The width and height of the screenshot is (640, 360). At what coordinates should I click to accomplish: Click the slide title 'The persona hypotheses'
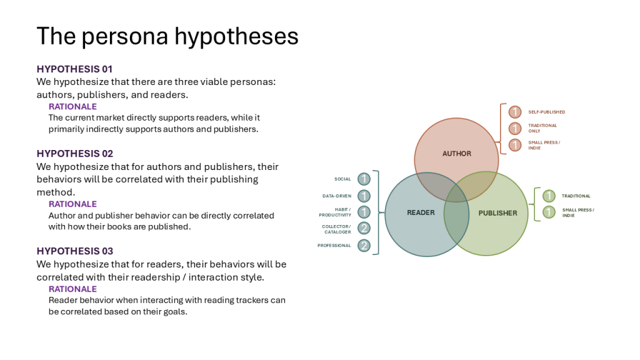click(167, 36)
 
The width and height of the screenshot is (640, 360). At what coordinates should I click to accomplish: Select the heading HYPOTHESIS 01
click(74, 69)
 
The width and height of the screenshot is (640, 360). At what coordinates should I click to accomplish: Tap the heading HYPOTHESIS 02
click(74, 153)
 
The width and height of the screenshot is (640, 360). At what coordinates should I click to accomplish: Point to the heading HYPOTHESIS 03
click(74, 251)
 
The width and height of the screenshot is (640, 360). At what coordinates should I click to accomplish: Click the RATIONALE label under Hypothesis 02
click(72, 204)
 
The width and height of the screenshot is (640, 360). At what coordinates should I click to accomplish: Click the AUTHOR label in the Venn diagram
click(457, 153)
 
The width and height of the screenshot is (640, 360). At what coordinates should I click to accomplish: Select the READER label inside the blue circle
click(421, 212)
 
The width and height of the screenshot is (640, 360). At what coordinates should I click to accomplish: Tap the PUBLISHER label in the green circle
click(497, 213)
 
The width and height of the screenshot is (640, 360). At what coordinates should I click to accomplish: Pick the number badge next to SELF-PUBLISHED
click(514, 112)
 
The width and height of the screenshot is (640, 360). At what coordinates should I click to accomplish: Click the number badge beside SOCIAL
click(364, 179)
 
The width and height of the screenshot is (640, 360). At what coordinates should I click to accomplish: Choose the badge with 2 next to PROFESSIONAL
click(364, 246)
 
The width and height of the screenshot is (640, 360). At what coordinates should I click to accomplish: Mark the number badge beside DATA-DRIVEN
click(364, 196)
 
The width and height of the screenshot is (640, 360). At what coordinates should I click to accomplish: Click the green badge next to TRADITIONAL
click(549, 196)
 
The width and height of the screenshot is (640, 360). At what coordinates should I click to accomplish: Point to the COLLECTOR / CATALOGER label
click(336, 229)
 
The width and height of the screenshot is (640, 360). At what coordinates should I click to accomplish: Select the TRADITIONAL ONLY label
click(542, 128)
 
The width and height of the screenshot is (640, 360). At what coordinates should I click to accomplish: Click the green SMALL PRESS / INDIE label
click(577, 212)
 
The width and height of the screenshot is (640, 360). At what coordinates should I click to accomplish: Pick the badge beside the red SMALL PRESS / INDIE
click(514, 145)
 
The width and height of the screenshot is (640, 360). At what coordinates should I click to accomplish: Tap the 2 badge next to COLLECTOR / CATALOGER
click(364, 229)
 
